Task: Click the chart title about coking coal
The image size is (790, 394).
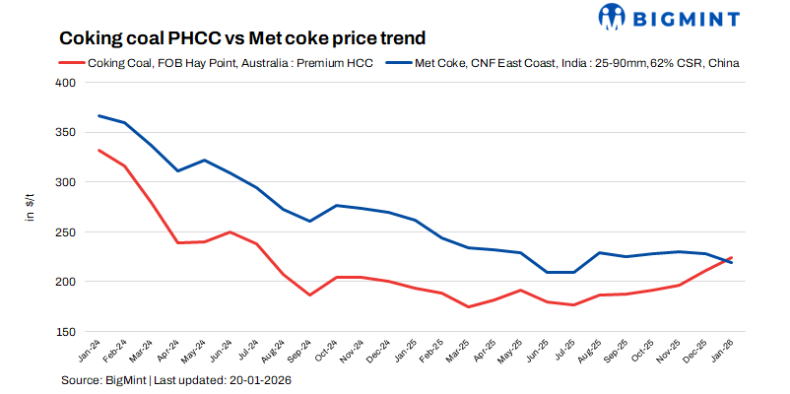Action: pyautogui.click(x=242, y=38)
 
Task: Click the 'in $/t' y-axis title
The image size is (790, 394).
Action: pyautogui.click(x=31, y=207)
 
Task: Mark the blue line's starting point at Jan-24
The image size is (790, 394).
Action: pyautogui.click(x=99, y=115)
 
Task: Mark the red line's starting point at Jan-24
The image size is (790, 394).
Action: pyautogui.click(x=99, y=150)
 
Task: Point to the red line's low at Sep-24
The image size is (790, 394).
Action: pyautogui.click(x=309, y=295)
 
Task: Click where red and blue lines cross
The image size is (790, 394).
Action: pyautogui.click(x=725, y=260)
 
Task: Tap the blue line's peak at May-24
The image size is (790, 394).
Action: pyautogui.click(x=204, y=160)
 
